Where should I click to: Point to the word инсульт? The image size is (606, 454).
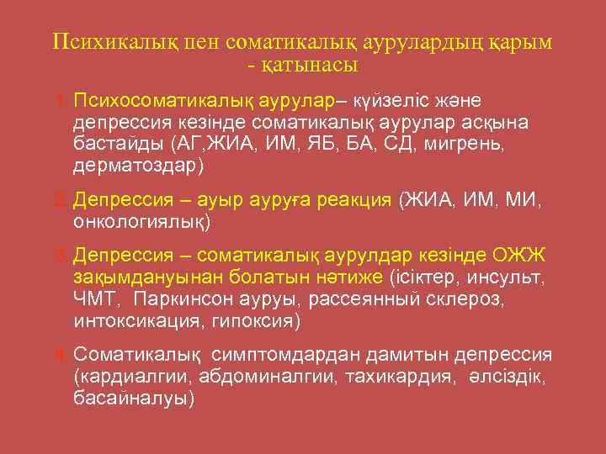click(510, 277)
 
